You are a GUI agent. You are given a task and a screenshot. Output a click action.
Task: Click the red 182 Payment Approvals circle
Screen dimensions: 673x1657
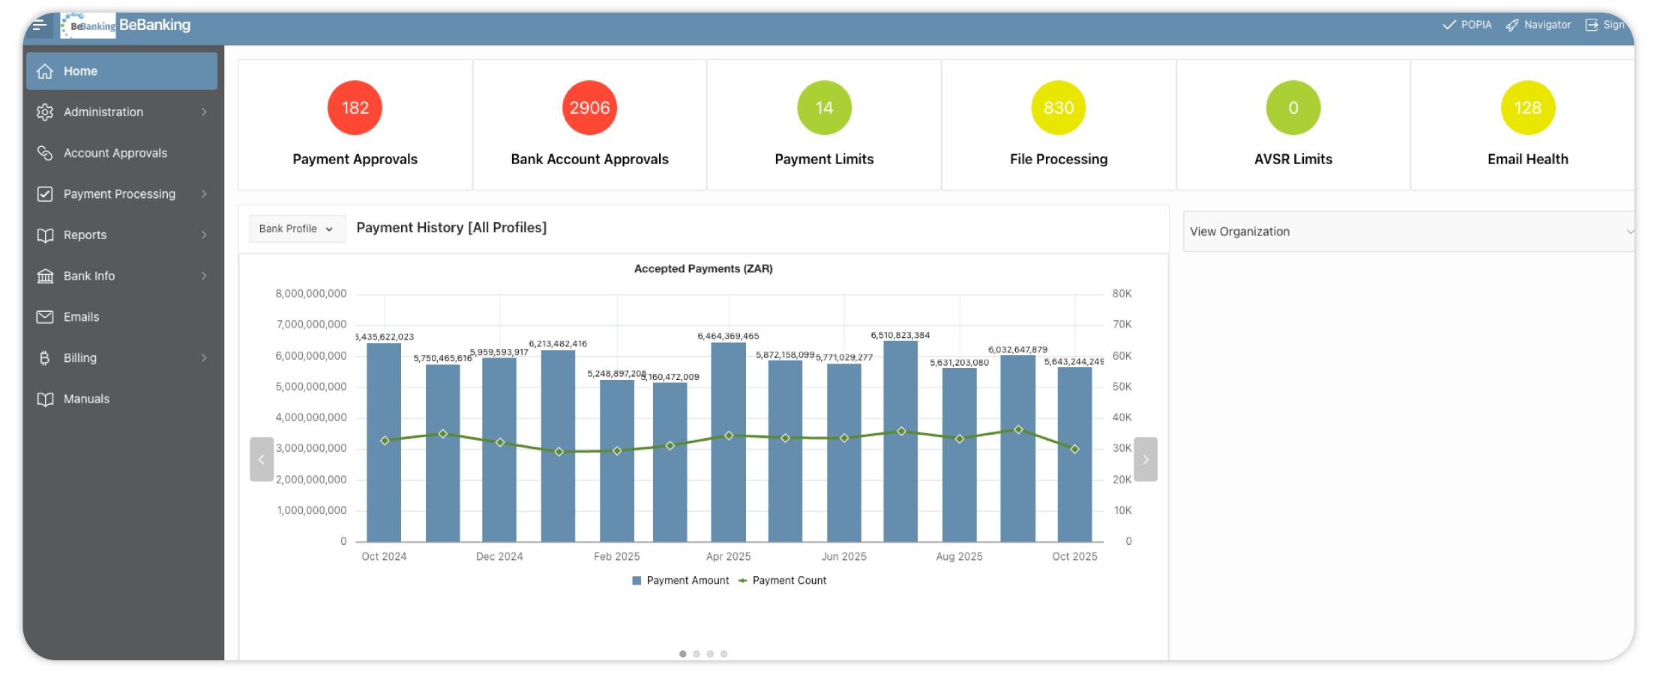[x=355, y=108]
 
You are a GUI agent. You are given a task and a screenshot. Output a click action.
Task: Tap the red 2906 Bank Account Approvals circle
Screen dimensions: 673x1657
[x=589, y=108]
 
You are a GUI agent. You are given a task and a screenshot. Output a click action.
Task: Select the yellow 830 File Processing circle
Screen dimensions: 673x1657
[x=1058, y=108]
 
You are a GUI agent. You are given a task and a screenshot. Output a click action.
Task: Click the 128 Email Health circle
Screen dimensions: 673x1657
[x=1527, y=108]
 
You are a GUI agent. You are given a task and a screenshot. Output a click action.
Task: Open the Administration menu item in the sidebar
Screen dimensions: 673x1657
[x=103, y=112]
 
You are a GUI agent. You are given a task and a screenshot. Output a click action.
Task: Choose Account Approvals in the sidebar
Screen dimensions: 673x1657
[x=115, y=153]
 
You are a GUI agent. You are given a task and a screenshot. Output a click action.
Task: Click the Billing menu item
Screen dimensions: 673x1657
[x=80, y=358]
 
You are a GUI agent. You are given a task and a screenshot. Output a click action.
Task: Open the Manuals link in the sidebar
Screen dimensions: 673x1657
[x=86, y=399]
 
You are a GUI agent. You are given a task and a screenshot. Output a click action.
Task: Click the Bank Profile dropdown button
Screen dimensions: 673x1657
[x=297, y=229]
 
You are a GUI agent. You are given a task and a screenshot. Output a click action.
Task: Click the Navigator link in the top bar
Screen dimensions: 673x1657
[x=1539, y=25]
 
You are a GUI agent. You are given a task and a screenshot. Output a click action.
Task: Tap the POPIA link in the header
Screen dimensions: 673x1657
[x=1468, y=25]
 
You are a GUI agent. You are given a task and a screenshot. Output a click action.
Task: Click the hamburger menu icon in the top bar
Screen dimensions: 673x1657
[x=40, y=25]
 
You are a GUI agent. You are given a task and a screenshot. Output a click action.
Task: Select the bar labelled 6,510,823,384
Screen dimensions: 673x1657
[x=900, y=442]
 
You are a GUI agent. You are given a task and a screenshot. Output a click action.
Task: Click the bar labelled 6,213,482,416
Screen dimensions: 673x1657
[x=558, y=446]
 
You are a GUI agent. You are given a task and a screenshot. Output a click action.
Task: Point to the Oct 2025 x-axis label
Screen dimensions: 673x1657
[x=1074, y=556]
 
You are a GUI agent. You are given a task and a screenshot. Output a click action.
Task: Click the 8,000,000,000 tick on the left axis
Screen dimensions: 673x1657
[x=311, y=294]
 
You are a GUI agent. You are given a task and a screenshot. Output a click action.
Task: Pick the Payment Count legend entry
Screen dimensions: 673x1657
[x=789, y=580]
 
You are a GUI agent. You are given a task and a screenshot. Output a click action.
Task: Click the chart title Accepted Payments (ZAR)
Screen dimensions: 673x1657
[x=703, y=268]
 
